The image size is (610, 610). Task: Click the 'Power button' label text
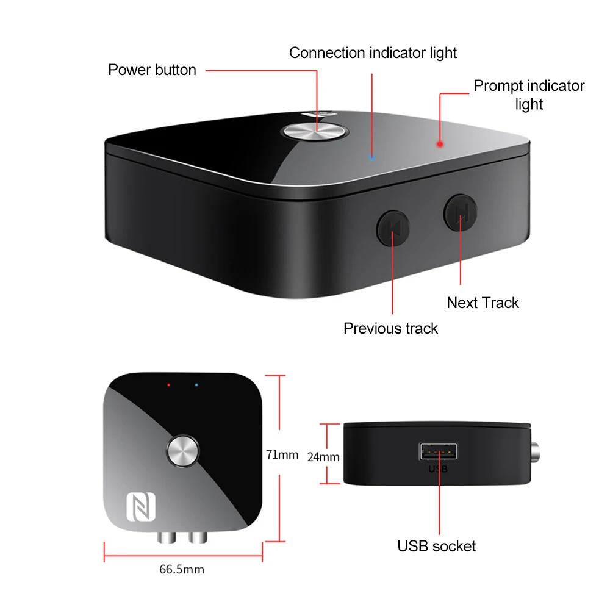coord(152,70)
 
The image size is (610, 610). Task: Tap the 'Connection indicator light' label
coord(373,53)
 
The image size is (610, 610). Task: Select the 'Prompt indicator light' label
coord(529,95)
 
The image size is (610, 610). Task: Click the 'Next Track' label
coord(483,303)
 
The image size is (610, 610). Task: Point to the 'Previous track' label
coord(390,328)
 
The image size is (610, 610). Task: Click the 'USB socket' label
coord(436,546)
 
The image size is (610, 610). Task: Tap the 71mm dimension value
coord(282,454)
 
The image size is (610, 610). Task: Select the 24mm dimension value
coord(324,456)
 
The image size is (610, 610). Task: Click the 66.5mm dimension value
coord(182,570)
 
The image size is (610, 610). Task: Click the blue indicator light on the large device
coord(373,157)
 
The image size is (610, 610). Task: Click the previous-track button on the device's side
coord(392,228)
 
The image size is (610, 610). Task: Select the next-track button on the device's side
coord(461,212)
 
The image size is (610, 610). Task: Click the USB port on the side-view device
coord(438,453)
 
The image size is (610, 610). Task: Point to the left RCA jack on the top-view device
coord(167,537)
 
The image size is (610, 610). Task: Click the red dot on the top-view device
coord(170,386)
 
